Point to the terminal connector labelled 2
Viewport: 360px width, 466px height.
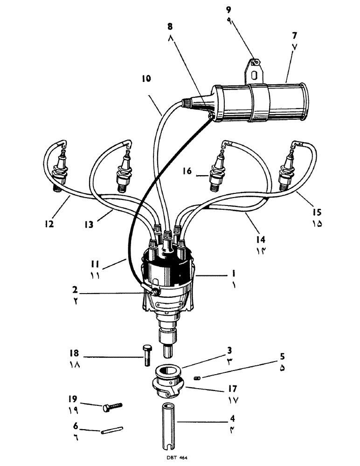[x=152, y=290]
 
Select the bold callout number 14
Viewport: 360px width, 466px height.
[x=261, y=239]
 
